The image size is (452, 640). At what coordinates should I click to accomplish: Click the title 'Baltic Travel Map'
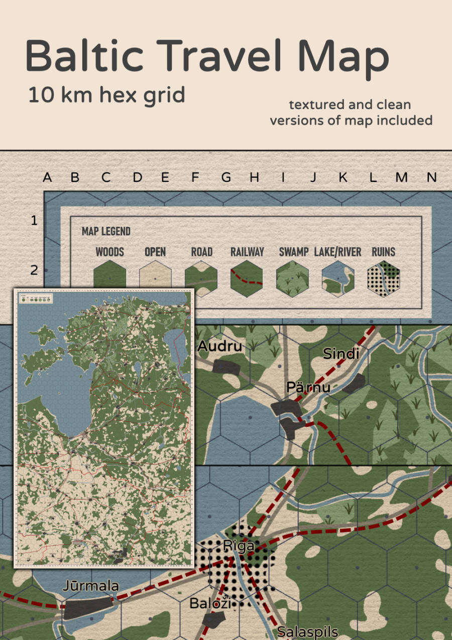coord(207,56)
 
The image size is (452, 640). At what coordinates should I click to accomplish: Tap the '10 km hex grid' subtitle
coord(106,95)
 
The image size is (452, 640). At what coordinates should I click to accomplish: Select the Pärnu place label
coord(308,387)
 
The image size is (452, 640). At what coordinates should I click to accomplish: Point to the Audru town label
coord(219,346)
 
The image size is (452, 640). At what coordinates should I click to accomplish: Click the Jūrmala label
coord(91,586)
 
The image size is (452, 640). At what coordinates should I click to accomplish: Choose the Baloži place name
coord(210,603)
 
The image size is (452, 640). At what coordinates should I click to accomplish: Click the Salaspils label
coord(308,631)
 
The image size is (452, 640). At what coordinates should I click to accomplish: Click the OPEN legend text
coord(155,252)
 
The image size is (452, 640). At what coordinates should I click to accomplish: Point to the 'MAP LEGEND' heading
coord(106,231)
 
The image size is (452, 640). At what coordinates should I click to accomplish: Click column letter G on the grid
coord(226,177)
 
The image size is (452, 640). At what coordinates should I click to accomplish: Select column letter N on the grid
coord(431,177)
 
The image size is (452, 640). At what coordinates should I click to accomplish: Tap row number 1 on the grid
coord(34,220)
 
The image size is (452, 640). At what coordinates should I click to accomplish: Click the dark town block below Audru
coord(226,367)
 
